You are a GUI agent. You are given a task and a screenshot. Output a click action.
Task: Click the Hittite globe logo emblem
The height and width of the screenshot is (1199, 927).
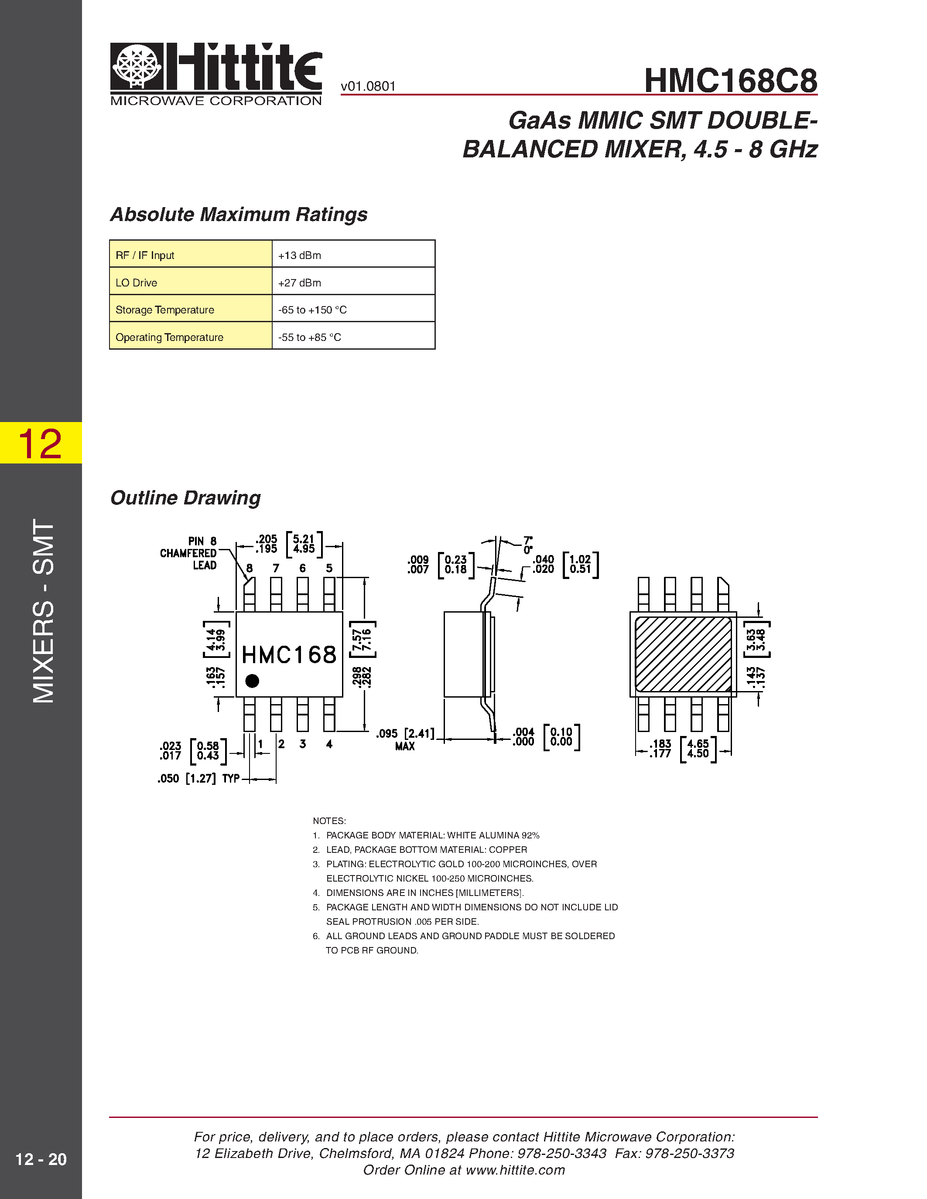click(137, 66)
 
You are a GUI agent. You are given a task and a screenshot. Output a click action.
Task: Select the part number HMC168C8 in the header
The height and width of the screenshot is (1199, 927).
click(730, 81)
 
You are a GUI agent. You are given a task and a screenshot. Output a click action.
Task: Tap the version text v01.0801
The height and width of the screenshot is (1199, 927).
click(367, 86)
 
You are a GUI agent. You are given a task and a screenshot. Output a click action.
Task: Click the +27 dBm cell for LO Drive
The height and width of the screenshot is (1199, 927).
click(353, 283)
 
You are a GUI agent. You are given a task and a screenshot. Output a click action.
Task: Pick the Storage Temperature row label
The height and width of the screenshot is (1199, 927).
click(165, 310)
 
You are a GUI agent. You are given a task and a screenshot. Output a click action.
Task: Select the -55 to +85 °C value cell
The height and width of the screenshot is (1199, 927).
click(353, 337)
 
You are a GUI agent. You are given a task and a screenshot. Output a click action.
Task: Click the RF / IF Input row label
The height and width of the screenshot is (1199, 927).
click(145, 255)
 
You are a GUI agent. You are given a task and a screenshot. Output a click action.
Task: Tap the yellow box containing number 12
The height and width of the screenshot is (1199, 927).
click(41, 443)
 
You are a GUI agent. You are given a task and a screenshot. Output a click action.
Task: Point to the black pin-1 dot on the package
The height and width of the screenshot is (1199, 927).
click(252, 681)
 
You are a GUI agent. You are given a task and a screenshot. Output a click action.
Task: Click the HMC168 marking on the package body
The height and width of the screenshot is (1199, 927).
click(289, 654)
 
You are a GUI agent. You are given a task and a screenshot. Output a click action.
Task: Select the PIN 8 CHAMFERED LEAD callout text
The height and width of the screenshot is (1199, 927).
click(189, 553)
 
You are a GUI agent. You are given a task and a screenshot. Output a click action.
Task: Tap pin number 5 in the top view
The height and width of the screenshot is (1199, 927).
click(329, 568)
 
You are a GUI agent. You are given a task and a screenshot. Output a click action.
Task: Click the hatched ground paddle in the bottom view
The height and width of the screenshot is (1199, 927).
click(683, 654)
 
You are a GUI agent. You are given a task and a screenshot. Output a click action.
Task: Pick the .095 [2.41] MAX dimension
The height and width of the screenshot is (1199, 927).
click(405, 739)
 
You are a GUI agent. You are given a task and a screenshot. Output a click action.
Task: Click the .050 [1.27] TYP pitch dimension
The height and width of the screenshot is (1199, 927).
click(198, 778)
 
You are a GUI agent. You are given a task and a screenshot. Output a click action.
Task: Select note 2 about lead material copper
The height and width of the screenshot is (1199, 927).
click(426, 849)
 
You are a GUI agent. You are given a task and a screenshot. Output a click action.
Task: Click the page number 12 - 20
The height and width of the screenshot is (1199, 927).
click(41, 1159)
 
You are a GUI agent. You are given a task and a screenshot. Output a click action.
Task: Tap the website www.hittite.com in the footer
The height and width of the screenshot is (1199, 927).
click(515, 1170)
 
